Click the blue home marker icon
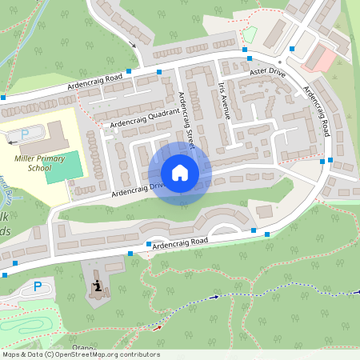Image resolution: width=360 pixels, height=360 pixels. [180, 173]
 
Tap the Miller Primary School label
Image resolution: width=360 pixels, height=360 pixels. [33, 163]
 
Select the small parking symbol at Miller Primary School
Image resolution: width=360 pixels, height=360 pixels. [24, 134]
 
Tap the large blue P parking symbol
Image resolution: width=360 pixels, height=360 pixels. [37, 286]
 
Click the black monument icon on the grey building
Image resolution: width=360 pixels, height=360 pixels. [98, 286]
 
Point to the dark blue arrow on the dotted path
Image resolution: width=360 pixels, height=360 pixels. [214, 298]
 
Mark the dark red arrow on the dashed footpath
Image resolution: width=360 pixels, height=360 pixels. [158, 327]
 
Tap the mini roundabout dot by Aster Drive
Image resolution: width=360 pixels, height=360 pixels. [280, 62]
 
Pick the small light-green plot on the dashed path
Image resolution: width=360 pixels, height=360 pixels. [250, 35]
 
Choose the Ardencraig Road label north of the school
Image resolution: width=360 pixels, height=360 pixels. [94, 82]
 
